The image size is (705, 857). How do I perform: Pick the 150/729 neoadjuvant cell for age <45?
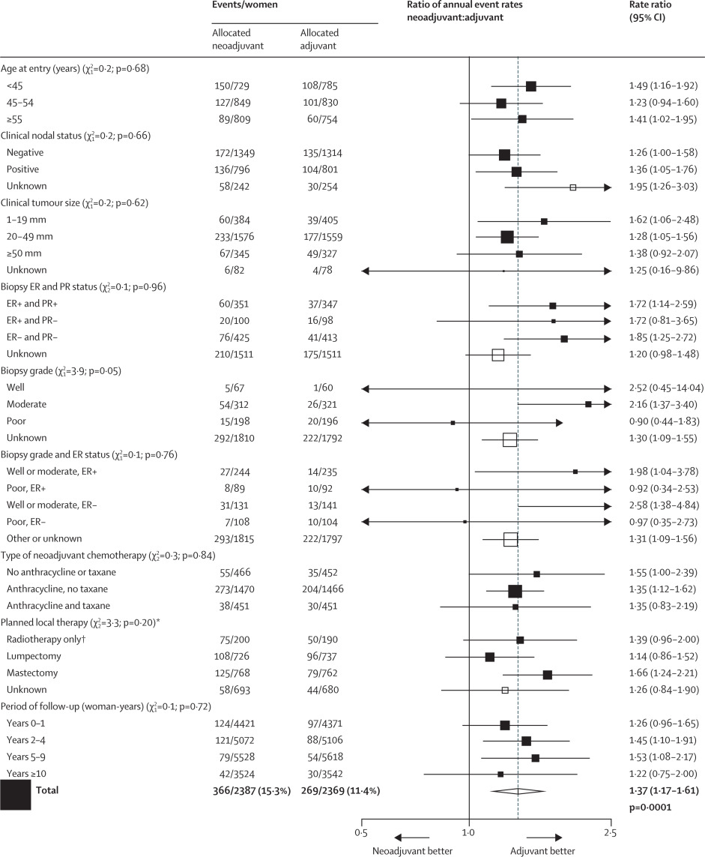229,86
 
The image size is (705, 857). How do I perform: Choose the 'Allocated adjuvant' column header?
319,39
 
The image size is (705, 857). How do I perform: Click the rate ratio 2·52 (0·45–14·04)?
662,388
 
